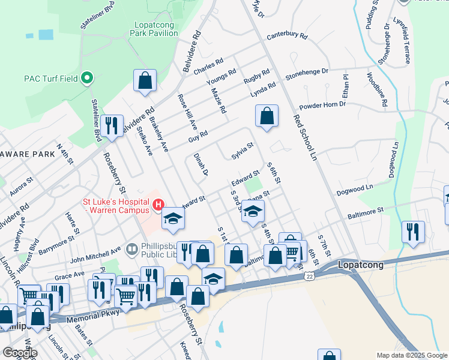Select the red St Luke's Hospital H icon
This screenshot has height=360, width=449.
pyautogui.click(x=158, y=206)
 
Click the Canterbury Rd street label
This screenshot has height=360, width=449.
pyautogui.click(x=287, y=36)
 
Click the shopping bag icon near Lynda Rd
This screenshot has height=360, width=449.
pyautogui.click(x=267, y=116)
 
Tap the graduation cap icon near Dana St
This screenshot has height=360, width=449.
pyautogui.click(x=253, y=211)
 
